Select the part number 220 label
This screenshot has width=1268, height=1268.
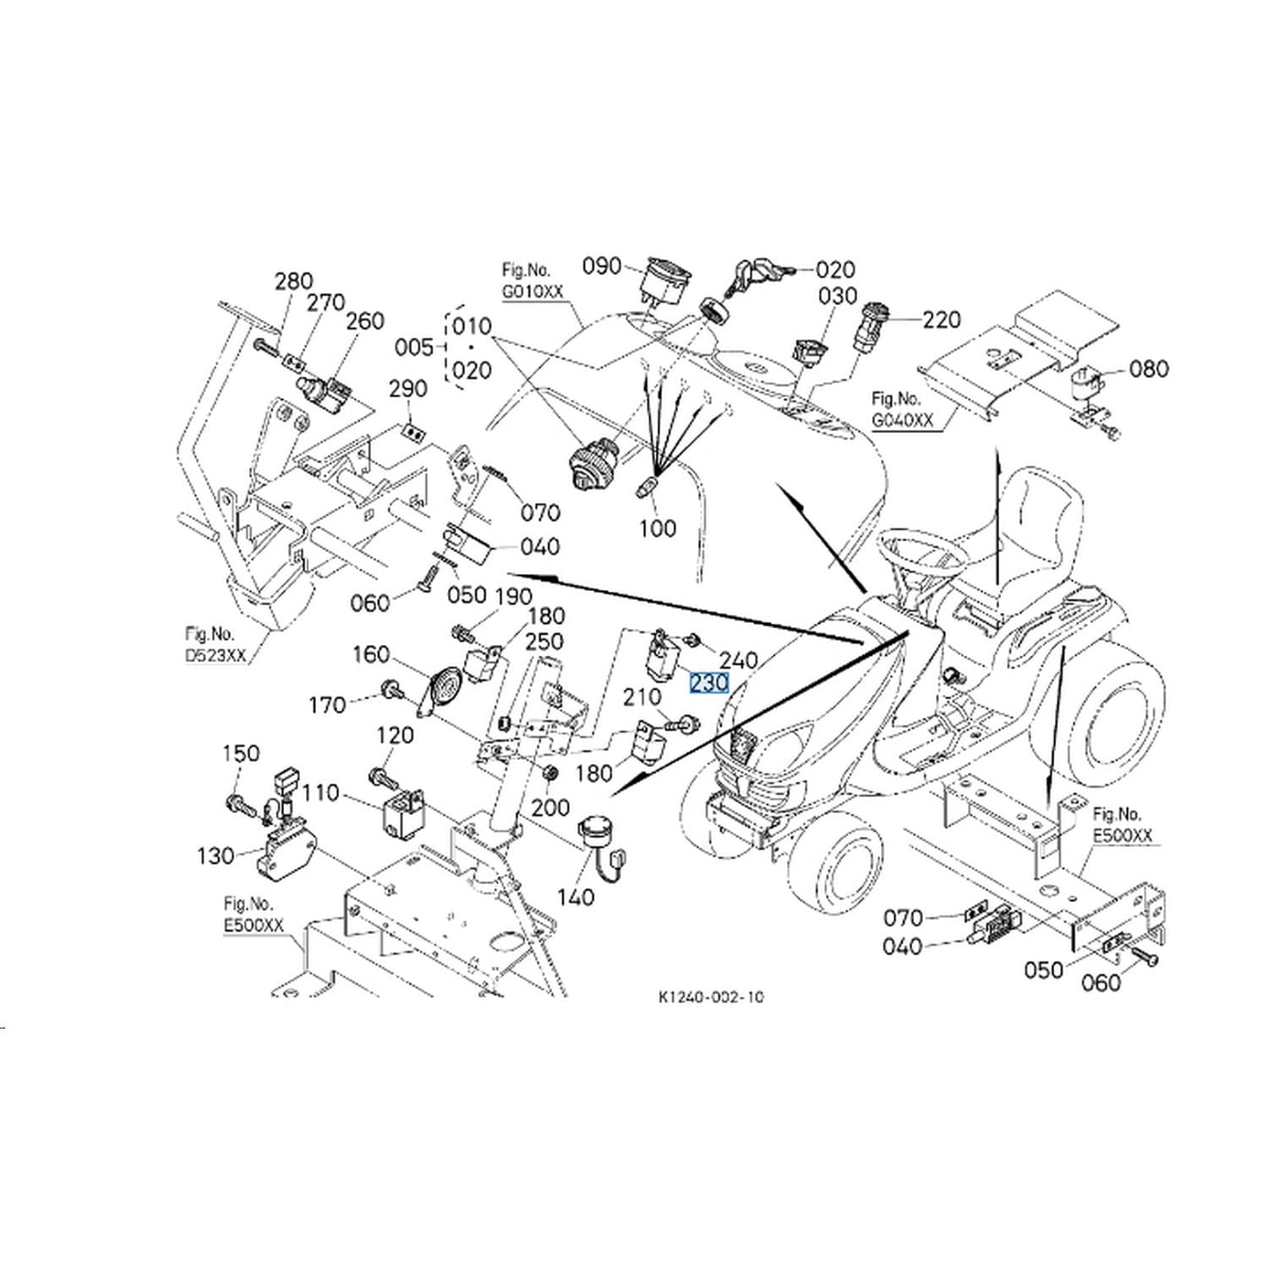coord(942,320)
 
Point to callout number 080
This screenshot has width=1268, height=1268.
coord(1150,369)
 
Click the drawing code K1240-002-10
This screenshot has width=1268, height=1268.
coord(710,997)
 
